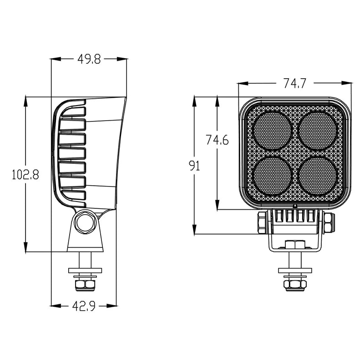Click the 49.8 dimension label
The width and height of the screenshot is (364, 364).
tap(89, 59)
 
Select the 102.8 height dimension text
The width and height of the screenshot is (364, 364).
tap(25, 174)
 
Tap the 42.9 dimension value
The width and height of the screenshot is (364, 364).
tap(84, 306)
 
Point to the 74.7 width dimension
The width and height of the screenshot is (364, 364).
tap(295, 83)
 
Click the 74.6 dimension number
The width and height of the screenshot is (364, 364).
tap(217, 141)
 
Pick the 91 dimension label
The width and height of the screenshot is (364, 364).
tap(195, 166)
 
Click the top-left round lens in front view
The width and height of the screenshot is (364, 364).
tap(272, 131)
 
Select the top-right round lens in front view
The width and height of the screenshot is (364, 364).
tap(318, 131)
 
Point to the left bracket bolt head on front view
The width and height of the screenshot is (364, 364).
tap(262, 222)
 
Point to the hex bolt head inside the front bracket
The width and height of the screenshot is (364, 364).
tap(295, 244)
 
